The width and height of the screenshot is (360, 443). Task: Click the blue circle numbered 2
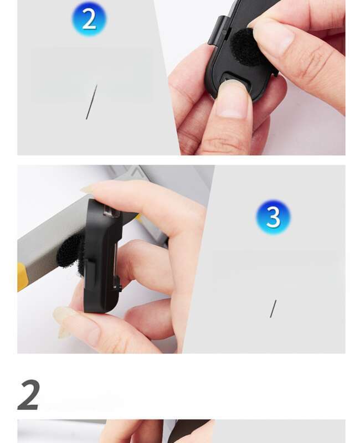[89, 19]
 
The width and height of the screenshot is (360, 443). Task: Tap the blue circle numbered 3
[273, 217]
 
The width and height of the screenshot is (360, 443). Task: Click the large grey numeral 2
[29, 395]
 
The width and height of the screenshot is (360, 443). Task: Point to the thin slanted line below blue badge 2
[91, 102]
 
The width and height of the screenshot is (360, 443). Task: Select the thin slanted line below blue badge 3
[273, 309]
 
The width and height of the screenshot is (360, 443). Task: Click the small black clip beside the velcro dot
[219, 31]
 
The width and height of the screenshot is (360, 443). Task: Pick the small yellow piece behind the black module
[138, 217]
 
